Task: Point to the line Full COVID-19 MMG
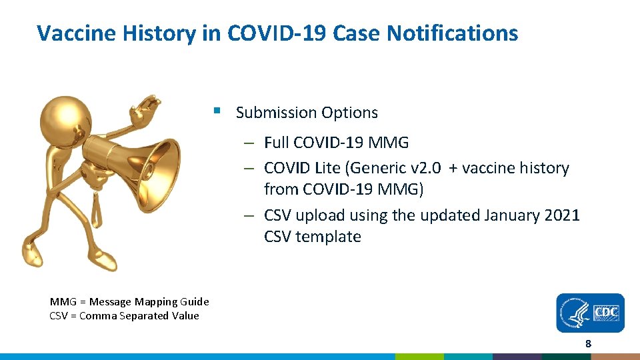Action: tap(336, 143)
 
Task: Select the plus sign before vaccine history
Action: tap(453, 168)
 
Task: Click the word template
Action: tap(328, 237)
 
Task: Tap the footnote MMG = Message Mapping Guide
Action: tap(129, 302)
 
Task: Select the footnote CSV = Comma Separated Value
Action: tap(124, 316)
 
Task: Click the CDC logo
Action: tap(591, 313)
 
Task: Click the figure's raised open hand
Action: tap(146, 110)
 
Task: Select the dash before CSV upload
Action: tap(247, 216)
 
